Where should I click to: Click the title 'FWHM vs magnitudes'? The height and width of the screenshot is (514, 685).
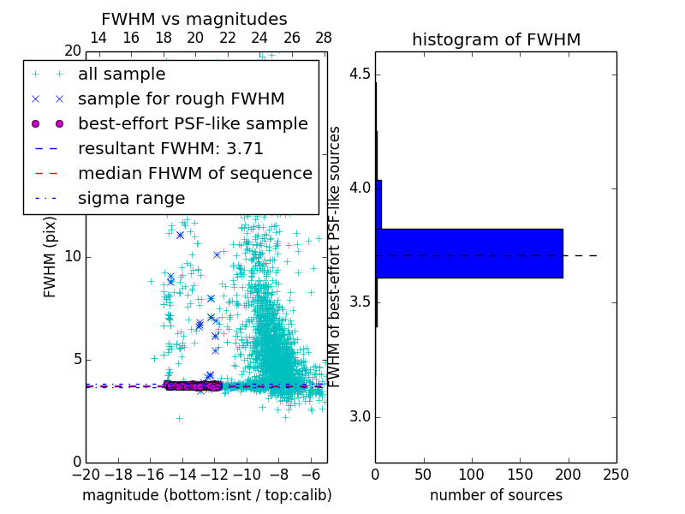[x=194, y=19]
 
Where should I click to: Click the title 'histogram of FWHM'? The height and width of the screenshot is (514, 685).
[x=496, y=39]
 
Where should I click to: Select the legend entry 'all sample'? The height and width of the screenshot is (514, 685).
[x=122, y=75]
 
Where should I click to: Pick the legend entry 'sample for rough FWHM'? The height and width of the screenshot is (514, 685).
[x=181, y=99]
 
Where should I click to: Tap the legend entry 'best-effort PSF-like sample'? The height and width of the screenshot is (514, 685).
[x=193, y=123]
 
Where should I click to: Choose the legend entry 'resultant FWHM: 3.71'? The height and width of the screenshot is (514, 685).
[x=170, y=148]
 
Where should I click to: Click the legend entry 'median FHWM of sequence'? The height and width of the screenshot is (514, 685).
[x=194, y=173]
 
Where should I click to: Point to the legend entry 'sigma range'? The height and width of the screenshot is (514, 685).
[x=131, y=198]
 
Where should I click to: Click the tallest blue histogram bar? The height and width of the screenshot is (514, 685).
[x=469, y=254]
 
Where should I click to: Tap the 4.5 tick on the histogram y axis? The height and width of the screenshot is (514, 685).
[x=359, y=74]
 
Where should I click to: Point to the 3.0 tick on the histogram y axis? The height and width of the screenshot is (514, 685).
[x=359, y=417]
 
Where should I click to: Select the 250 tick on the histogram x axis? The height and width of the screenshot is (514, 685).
[x=616, y=475]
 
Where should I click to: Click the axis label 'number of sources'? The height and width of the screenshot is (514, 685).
[x=496, y=495]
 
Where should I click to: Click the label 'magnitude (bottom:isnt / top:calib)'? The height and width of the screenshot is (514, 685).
[x=206, y=495]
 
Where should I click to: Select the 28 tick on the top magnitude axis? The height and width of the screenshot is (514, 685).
[x=324, y=38]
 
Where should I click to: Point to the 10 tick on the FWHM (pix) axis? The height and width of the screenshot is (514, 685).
[x=73, y=257]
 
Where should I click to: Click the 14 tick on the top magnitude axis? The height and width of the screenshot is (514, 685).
[x=98, y=38]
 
